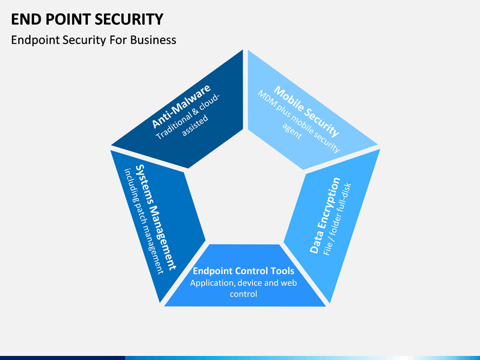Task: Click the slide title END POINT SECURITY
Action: (x=87, y=19)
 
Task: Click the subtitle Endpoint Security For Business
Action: (x=93, y=40)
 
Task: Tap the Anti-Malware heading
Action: (x=181, y=106)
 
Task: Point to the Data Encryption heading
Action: (x=325, y=215)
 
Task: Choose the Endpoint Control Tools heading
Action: (x=243, y=271)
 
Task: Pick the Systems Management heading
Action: (x=155, y=217)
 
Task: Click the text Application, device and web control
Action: (x=243, y=288)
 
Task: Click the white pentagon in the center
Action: (x=243, y=193)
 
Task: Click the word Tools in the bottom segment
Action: (x=281, y=271)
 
